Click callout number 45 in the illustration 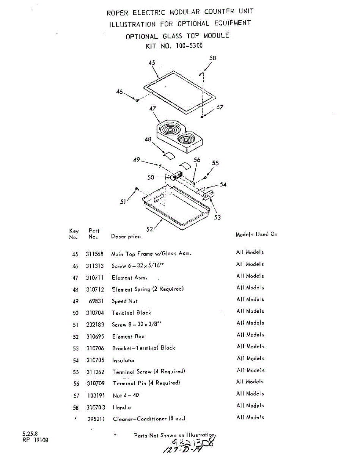coord(152,63)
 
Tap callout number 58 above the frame coord(213,58)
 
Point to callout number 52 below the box coord(149,229)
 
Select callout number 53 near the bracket coord(217,217)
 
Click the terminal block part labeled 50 coord(175,177)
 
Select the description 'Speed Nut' coord(124,301)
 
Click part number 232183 coord(95,325)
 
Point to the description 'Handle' coord(122,407)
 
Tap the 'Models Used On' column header coord(256,234)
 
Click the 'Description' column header coord(126,236)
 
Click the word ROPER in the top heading coord(117,13)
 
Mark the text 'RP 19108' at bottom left coord(35,440)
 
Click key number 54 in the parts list coord(75,360)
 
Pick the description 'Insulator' coord(123,360)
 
